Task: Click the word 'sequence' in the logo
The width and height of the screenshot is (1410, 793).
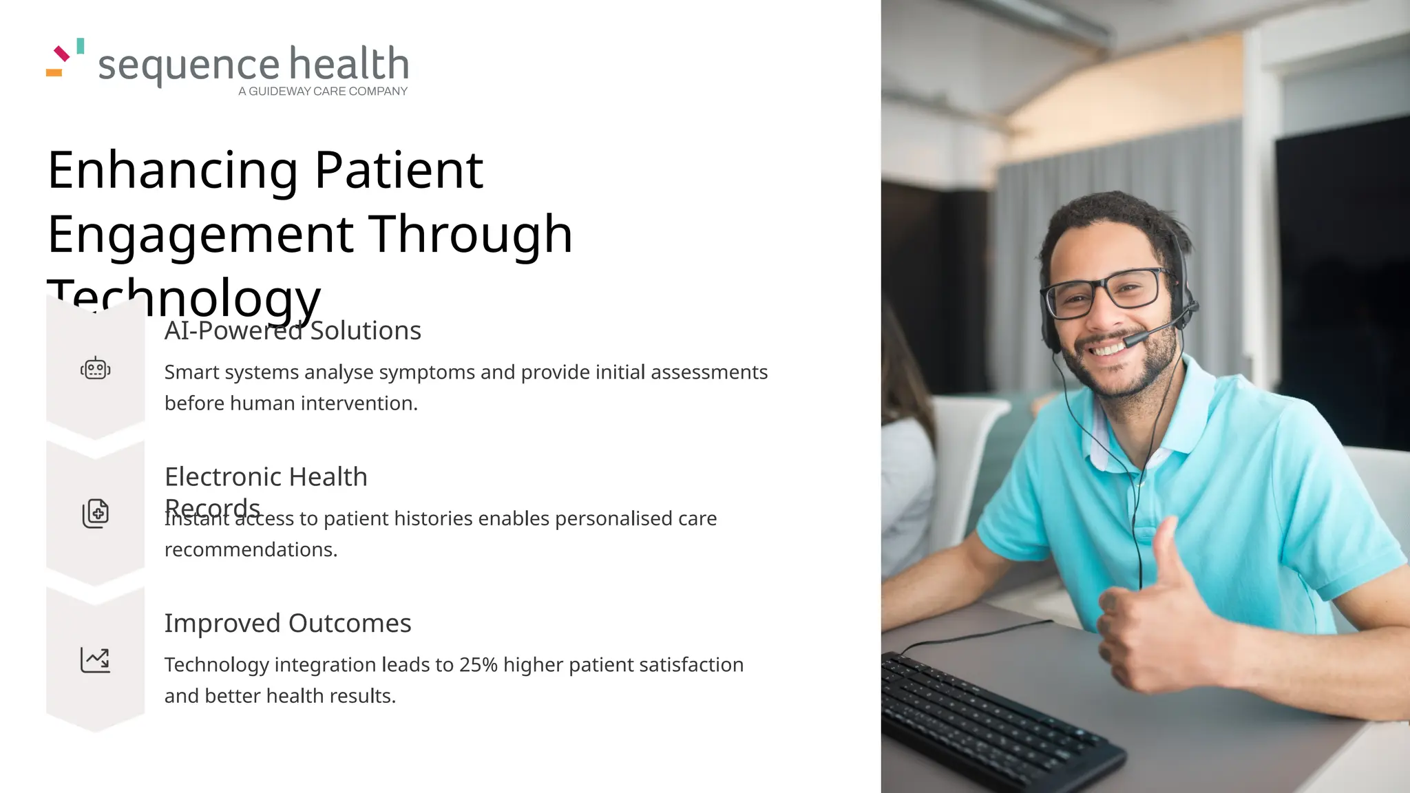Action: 189,66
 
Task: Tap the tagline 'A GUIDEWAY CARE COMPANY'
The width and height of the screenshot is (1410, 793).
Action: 323,92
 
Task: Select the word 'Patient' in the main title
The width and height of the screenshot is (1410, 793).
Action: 399,170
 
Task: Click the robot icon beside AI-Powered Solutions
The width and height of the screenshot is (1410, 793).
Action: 96,369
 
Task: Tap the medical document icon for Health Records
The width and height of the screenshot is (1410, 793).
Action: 96,514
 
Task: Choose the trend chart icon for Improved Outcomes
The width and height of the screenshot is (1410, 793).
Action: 95,659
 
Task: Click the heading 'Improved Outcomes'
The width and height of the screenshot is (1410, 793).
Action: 287,623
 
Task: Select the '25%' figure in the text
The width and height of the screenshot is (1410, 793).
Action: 478,665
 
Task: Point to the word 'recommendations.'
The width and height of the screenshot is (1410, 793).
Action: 251,550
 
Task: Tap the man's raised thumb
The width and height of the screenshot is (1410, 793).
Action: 1170,551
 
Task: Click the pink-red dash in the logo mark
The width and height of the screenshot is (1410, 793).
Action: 62,53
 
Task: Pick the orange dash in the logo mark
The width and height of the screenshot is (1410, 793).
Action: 54,72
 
